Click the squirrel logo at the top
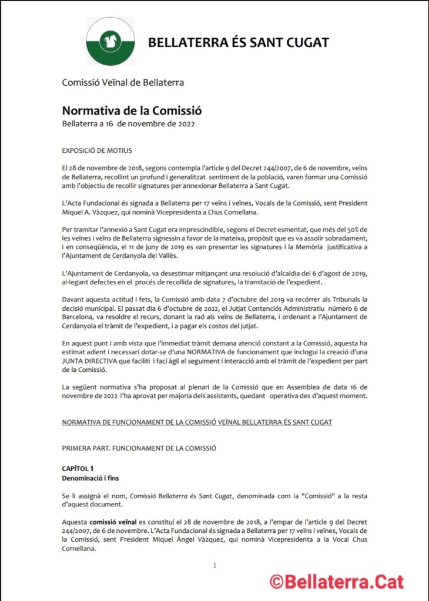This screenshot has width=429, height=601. point(110,42)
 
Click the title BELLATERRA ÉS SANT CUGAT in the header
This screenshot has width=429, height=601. point(238,42)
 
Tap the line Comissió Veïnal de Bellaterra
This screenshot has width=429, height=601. point(123,82)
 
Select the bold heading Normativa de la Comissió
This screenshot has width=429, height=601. point(123,110)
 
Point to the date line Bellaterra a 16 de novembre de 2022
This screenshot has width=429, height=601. point(128,123)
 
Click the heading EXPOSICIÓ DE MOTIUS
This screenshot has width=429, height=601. point(97,150)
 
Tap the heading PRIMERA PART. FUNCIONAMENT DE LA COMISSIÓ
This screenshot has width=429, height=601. point(139,448)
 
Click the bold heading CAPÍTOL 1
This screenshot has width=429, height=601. point(78,468)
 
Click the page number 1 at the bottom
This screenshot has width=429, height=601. point(215,565)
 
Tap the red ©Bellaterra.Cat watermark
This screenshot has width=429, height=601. point(337,582)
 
